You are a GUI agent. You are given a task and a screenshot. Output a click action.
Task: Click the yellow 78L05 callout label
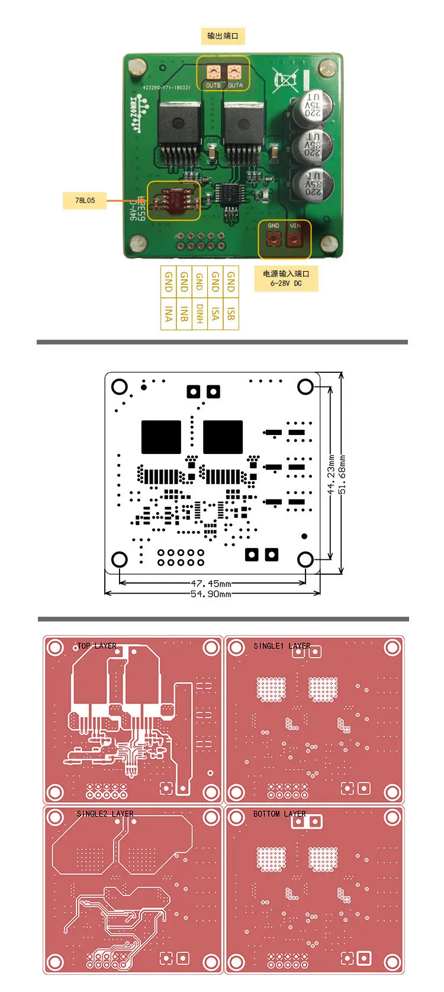(85, 201)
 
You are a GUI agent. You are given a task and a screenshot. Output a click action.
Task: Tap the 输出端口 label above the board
(223, 36)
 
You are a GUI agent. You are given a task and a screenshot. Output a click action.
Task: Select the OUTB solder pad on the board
(213, 73)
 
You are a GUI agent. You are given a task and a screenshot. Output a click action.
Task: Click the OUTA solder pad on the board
(235, 73)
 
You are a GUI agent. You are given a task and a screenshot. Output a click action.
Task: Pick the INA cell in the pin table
(169, 314)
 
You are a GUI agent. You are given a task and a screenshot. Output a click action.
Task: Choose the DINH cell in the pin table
(200, 314)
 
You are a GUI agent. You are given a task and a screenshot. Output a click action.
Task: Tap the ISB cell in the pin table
(231, 314)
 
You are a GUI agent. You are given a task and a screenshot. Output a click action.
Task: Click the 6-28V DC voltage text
(286, 284)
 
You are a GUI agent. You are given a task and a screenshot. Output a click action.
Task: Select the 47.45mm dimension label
(211, 584)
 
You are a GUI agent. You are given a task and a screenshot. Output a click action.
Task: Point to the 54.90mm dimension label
(211, 594)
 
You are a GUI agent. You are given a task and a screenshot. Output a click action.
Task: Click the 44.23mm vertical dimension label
(332, 475)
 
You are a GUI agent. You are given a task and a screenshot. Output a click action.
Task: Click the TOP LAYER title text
(96, 646)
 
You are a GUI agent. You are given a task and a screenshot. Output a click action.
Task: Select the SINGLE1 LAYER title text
(282, 646)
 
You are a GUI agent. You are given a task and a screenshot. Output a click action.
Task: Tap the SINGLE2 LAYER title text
(105, 814)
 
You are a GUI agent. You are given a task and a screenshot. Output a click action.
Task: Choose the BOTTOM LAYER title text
(279, 814)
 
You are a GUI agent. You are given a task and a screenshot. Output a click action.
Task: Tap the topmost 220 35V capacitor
(312, 107)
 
